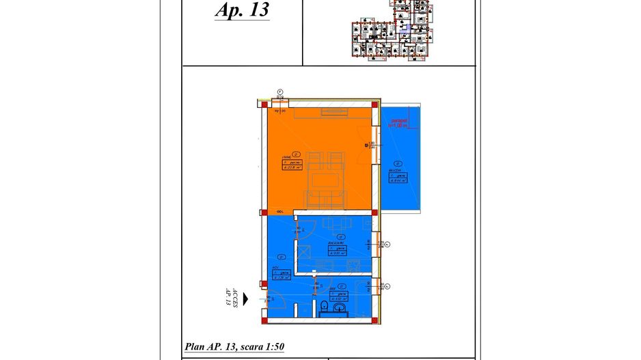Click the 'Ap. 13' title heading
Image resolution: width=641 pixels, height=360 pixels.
[x=242, y=11]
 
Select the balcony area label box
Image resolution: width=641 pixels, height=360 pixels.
[x=397, y=178]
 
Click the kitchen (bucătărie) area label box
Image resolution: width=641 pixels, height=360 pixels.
[x=338, y=249]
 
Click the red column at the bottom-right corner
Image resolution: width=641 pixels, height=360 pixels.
[x=375, y=318]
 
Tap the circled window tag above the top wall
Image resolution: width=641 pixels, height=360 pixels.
[x=280, y=92]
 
